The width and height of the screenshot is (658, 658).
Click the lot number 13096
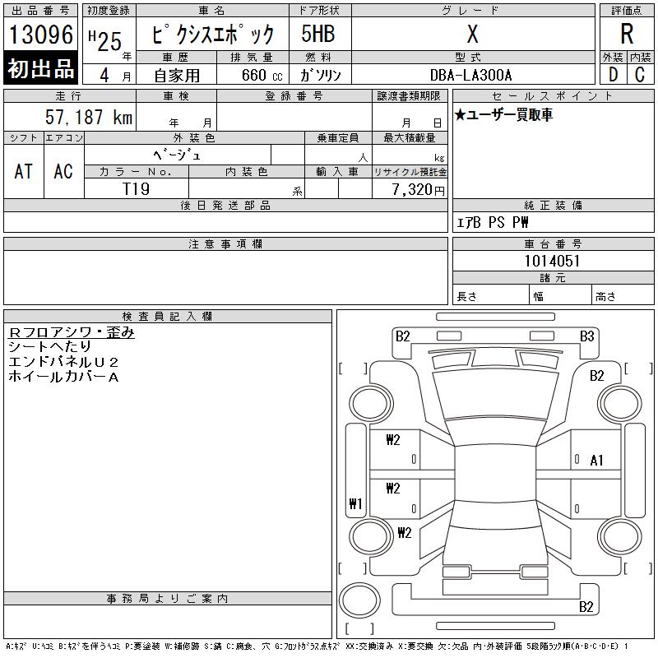click(x=40, y=35)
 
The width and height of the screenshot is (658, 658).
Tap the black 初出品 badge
click(x=40, y=68)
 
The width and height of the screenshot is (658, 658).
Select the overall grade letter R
click(x=627, y=34)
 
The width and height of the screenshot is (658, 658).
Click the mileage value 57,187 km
click(x=89, y=117)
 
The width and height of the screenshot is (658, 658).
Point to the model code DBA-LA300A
click(x=470, y=75)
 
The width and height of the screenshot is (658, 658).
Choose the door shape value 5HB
click(x=318, y=34)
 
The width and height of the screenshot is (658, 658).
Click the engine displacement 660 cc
click(x=262, y=75)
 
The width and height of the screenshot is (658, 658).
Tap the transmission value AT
click(x=24, y=171)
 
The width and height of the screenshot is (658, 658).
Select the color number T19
click(x=136, y=189)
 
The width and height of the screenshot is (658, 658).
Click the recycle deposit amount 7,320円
click(x=418, y=189)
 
